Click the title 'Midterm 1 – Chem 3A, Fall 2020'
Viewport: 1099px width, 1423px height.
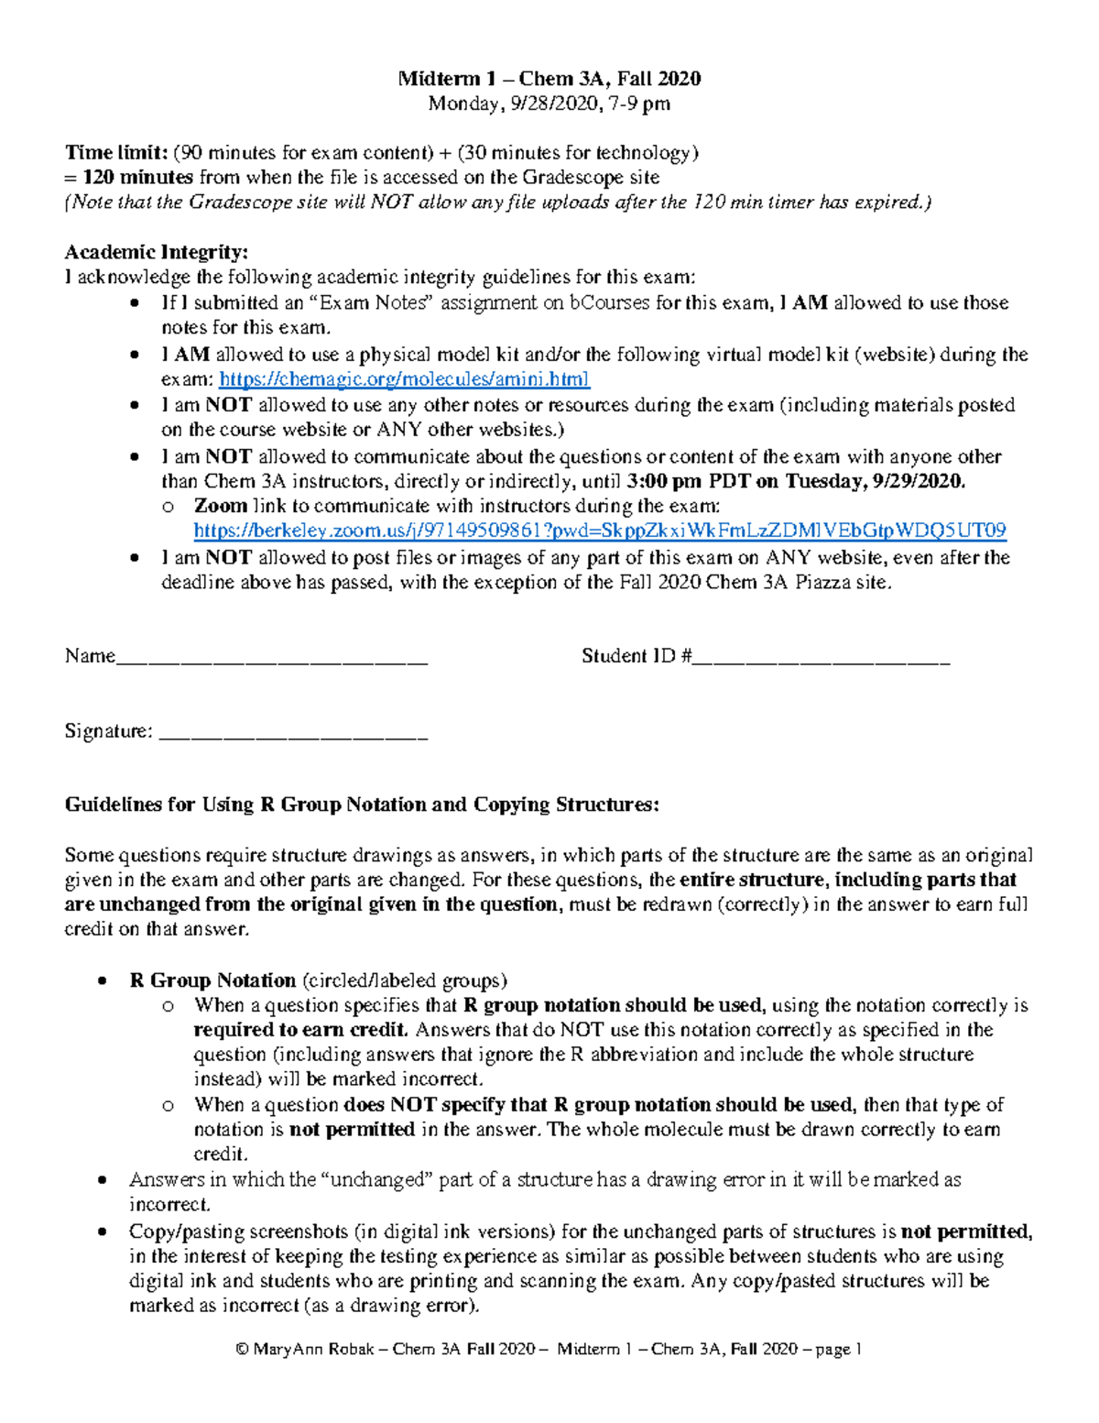pos(549,79)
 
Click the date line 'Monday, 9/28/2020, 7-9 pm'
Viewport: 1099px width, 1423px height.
pos(549,104)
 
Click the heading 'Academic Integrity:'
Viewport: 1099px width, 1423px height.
pos(156,252)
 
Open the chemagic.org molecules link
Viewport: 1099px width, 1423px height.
pos(404,378)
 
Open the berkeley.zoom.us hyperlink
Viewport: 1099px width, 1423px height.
pos(600,531)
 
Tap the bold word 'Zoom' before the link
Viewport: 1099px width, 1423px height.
pos(221,506)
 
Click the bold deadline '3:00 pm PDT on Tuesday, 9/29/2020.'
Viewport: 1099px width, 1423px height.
pos(796,481)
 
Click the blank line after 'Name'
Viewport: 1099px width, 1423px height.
pos(272,657)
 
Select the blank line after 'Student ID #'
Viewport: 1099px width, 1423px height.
pos(822,657)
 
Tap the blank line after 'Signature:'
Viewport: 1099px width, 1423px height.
pos(293,732)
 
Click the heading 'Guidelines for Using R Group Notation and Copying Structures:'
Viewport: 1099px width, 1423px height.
pos(362,805)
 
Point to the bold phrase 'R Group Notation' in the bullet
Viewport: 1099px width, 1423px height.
pos(212,980)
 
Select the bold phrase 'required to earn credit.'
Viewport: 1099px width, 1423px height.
pos(301,1030)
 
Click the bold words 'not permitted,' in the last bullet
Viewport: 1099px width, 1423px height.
pos(966,1231)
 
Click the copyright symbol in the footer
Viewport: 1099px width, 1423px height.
pos(242,1350)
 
